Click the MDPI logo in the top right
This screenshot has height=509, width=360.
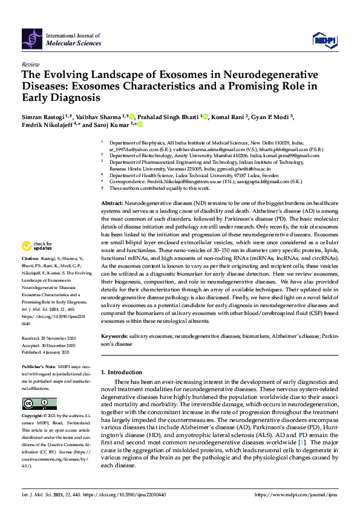[324, 40]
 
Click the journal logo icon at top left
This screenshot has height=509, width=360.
[33, 40]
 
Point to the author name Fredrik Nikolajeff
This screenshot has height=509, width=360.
[48, 125]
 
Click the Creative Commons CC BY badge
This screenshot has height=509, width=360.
[40, 403]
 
